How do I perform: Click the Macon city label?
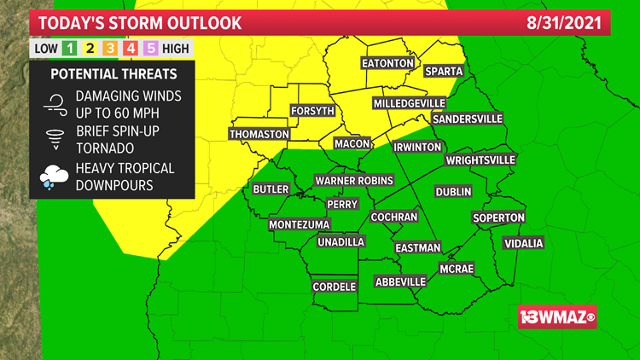[352, 143]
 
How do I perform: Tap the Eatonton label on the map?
[387, 64]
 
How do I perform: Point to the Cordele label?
[334, 287]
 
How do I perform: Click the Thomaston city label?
[260, 135]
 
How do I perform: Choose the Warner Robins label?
[354, 181]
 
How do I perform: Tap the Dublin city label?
[453, 192]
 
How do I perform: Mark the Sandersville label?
[467, 119]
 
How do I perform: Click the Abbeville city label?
[400, 282]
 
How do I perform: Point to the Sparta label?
[443, 71]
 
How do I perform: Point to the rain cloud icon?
[54, 177]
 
